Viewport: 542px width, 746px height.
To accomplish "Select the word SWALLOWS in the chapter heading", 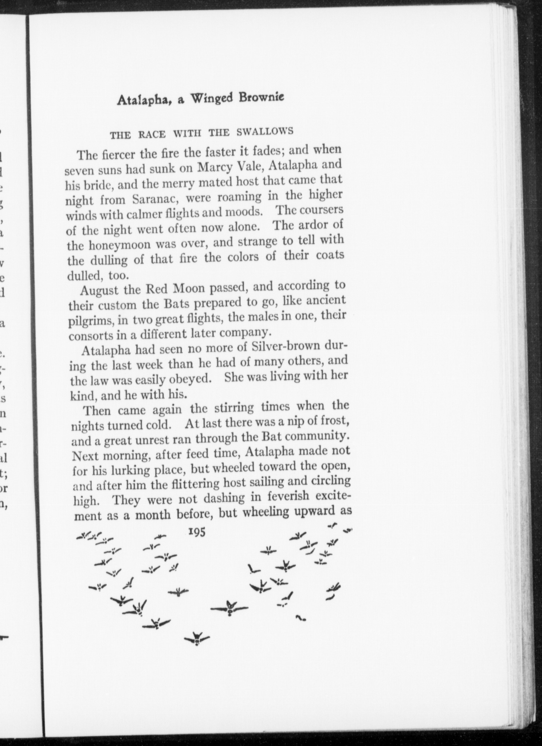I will click(x=265, y=131).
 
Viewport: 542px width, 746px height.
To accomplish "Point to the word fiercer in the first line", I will click(x=117, y=155).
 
